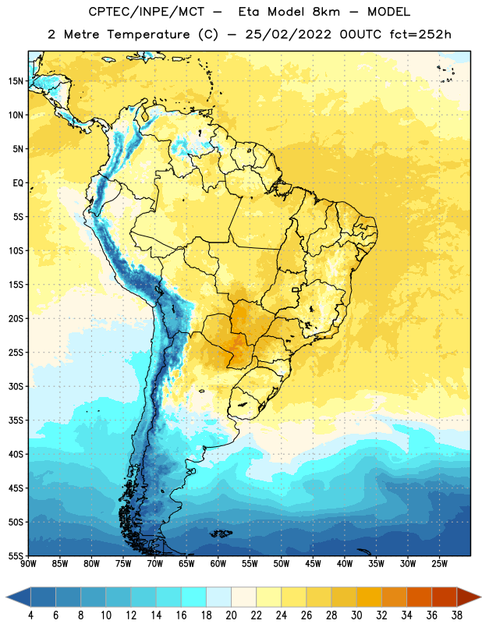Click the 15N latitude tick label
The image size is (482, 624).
[16, 81]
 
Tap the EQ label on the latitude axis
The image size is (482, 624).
[18, 183]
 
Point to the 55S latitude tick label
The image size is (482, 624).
[16, 556]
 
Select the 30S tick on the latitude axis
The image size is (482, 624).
[16, 386]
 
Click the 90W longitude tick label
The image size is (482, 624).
[28, 564]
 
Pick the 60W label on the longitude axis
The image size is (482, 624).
[218, 564]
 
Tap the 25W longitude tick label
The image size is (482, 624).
[439, 564]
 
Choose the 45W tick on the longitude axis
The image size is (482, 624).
[313, 564]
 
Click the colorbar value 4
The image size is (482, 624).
[30, 615]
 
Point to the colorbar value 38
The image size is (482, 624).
[456, 615]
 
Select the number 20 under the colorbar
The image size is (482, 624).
[231, 615]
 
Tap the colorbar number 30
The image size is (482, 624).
[356, 615]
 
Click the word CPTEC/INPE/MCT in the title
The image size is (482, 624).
[146, 12]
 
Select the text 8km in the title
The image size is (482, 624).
[326, 12]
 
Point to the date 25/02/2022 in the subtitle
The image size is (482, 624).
[288, 34]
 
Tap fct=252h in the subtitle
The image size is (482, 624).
[420, 34]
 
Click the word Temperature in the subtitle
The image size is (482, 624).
[148, 34]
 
